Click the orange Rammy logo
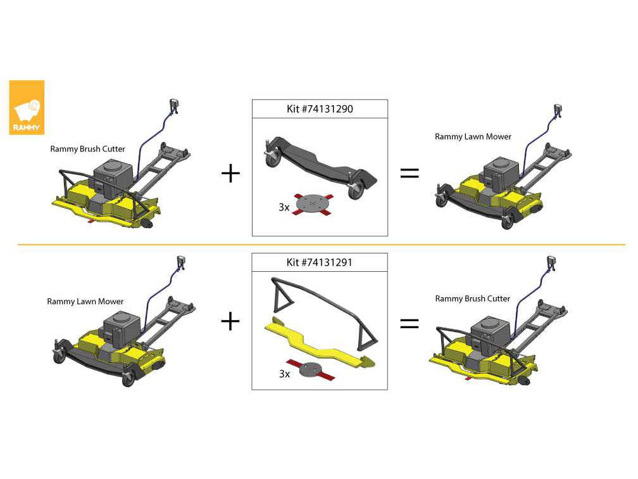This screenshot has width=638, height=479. click(x=27, y=107)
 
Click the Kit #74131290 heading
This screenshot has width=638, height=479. click(x=319, y=109)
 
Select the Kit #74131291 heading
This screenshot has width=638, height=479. click(x=319, y=263)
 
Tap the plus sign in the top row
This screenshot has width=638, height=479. click(x=230, y=172)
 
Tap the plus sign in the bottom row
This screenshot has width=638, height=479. click(x=230, y=322)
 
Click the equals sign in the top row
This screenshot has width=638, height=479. click(x=410, y=172)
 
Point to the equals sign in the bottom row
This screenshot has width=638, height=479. click(x=410, y=323)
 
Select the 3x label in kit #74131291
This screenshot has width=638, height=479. click(x=284, y=374)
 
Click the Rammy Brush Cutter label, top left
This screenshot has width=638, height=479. click(x=88, y=150)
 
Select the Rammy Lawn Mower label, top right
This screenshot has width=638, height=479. click(x=473, y=137)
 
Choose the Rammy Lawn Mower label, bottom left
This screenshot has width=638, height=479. click(x=85, y=302)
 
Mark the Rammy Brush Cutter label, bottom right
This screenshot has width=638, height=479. click(x=473, y=298)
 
